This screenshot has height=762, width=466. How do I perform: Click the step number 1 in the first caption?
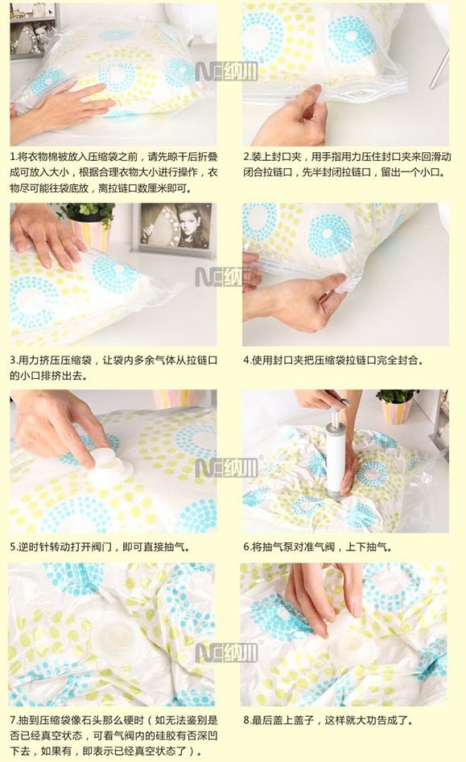point(13,157)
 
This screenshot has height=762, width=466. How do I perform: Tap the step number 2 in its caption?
point(246,157)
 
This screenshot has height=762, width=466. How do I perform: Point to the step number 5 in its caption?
point(13,547)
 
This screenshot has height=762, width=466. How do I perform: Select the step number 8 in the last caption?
point(246,720)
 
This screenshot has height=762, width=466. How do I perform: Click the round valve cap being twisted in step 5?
point(109,464)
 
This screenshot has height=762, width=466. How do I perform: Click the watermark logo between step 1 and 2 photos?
point(226,72)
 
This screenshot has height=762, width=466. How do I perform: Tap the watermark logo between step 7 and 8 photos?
point(226,653)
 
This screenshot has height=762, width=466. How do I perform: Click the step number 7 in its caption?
point(13,720)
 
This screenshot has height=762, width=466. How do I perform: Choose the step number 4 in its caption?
point(246,360)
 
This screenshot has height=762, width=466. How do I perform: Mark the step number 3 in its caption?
point(13,360)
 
